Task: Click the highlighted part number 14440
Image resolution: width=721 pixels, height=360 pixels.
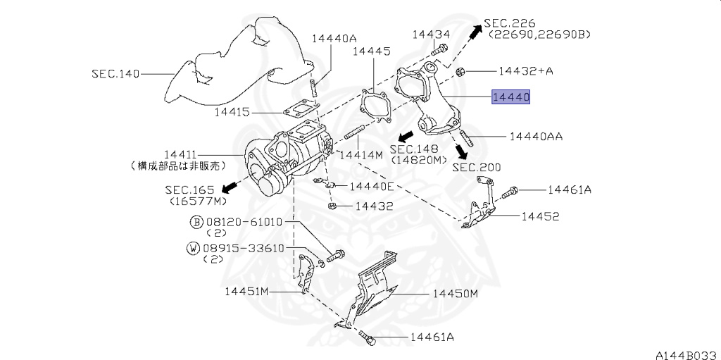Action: coord(510,97)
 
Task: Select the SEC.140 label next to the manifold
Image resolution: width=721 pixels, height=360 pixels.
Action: coord(115,73)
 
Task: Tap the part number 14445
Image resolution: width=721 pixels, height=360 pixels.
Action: coord(371,51)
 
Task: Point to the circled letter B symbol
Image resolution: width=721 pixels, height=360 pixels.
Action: coord(196,222)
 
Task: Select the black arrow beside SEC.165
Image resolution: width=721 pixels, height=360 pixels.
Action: coord(227,187)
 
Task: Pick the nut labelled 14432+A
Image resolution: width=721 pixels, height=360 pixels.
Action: coord(459,71)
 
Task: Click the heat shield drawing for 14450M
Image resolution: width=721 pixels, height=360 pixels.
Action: coord(377,289)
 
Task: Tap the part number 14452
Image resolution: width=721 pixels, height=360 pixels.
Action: coord(540,216)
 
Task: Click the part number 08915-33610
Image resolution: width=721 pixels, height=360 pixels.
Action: coord(243,248)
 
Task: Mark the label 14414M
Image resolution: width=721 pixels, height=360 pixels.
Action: coord(360,154)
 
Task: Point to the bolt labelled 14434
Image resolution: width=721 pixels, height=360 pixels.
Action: coord(439,50)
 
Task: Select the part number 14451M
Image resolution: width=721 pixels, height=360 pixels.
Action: coord(247,291)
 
